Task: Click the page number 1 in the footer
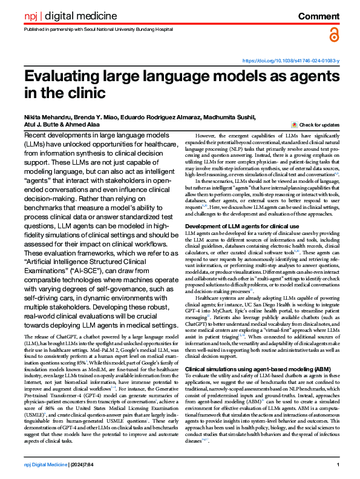pyautogui.click(x=338, y=465)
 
